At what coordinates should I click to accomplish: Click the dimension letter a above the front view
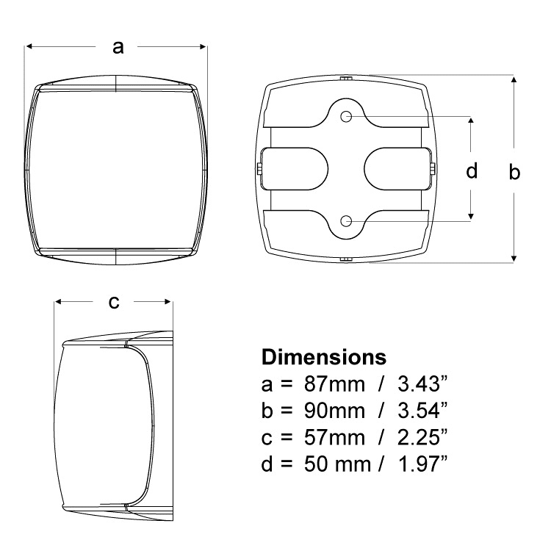[118, 48]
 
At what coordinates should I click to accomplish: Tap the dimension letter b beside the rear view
[514, 172]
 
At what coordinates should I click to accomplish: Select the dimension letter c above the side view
[114, 302]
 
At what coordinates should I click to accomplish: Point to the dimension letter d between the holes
[472, 170]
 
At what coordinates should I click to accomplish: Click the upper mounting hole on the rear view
[346, 116]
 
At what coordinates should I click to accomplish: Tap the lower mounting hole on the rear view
[346, 221]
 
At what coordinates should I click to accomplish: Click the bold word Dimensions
[324, 357]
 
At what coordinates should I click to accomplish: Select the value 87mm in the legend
[334, 384]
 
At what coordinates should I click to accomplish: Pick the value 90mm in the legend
[334, 411]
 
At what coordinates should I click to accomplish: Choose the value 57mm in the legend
[334, 438]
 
